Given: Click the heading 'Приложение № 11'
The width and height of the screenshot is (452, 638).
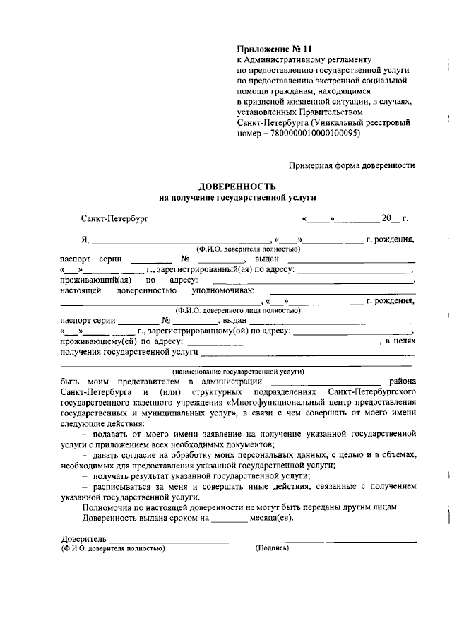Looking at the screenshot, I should click(x=273, y=49).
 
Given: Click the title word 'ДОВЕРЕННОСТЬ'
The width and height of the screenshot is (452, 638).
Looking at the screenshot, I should click(x=237, y=187).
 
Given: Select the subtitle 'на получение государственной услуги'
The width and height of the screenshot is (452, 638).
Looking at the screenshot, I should click(x=237, y=199).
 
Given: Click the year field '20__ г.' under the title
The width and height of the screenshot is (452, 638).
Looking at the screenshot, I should click(x=395, y=219).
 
